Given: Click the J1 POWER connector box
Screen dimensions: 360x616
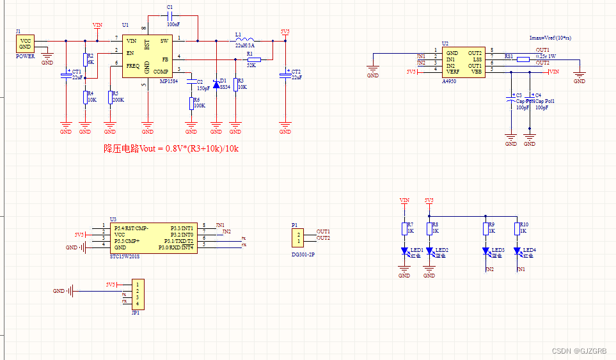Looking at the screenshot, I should [x=25, y=43].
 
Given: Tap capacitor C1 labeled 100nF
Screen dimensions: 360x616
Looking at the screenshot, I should [x=170, y=15].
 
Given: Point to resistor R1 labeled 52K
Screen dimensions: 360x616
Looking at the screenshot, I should [x=254, y=59].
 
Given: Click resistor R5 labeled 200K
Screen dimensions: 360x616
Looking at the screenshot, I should [x=110, y=97].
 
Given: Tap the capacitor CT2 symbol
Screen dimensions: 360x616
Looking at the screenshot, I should [x=285, y=75].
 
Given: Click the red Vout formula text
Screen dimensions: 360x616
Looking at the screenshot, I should [x=171, y=148].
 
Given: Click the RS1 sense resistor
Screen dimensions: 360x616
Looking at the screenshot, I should [x=523, y=59].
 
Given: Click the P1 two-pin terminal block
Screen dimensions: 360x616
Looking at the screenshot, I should [x=298, y=239].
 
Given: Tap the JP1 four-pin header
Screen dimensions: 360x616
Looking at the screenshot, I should [x=136, y=293].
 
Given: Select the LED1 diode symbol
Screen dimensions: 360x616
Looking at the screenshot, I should [x=404, y=251].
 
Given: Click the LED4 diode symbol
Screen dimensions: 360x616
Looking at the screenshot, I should [x=517, y=251].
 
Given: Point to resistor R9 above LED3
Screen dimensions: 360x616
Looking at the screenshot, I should [x=486, y=229].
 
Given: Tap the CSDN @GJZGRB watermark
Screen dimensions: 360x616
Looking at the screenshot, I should [x=578, y=351].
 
